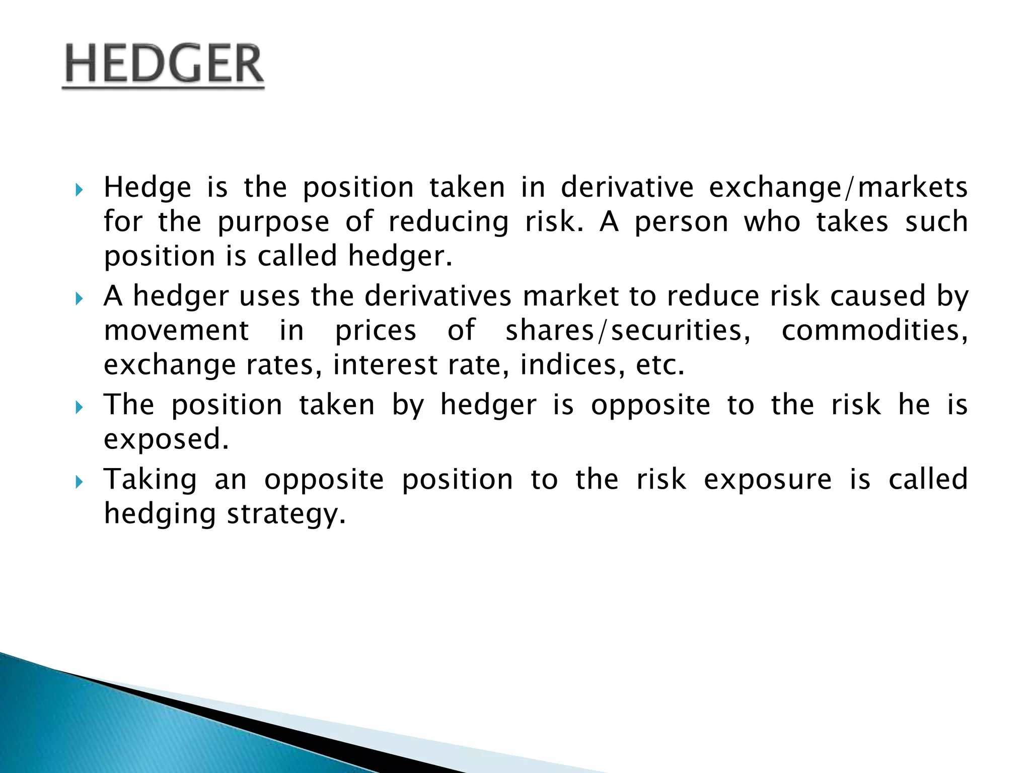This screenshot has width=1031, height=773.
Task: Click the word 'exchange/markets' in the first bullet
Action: point(838,188)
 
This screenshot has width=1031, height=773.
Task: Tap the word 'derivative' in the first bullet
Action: point(627,188)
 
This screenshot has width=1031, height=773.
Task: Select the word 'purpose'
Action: point(273,222)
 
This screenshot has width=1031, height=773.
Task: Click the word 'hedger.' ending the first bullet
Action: point(400,256)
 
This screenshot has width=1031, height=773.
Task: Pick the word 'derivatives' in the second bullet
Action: point(437,296)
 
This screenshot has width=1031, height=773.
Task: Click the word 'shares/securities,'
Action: point(628,331)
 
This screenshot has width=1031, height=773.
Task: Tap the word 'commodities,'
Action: point(874,331)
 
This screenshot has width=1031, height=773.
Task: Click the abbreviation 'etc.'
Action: point(660,365)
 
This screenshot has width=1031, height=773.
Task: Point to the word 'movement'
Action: point(176,331)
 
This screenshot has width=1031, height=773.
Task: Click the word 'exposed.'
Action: point(166,439)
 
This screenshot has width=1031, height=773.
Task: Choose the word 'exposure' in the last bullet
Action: point(767,479)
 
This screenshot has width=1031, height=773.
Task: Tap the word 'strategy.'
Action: point(286,514)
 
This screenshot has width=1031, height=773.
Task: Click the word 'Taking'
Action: point(151,479)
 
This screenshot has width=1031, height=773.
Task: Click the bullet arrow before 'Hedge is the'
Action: point(79,190)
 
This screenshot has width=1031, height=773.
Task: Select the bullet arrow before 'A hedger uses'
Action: point(79,299)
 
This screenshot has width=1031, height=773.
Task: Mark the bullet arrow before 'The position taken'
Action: point(79,407)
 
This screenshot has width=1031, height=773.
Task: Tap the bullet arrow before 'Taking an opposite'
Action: point(79,482)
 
